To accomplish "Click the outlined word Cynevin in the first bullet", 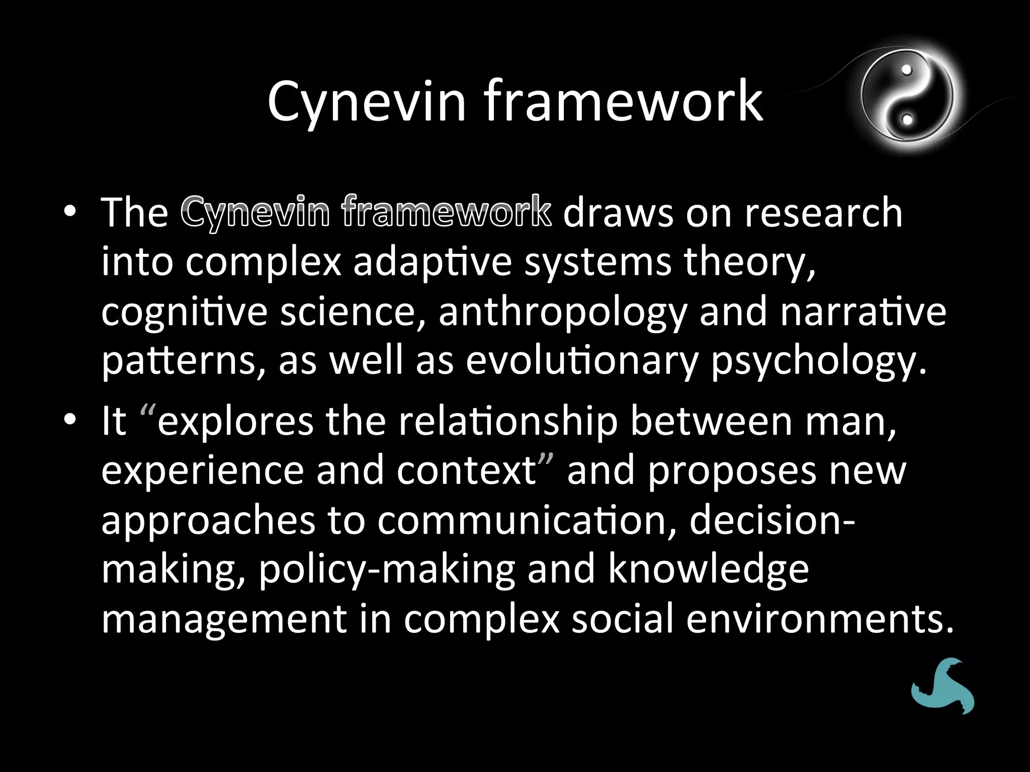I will (x=255, y=213).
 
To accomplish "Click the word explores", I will (x=235, y=421).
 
